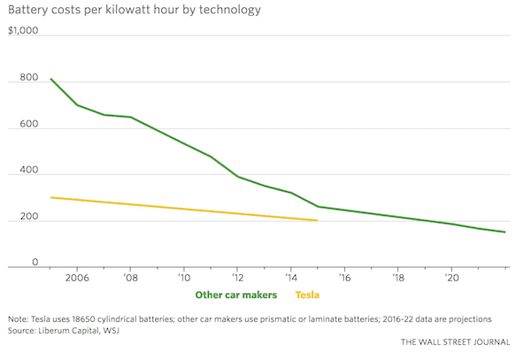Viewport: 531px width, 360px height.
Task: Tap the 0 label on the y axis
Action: coord(12,262)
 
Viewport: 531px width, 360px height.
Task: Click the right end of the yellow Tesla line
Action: coord(317,220)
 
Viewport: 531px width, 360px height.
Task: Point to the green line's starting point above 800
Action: coord(50,79)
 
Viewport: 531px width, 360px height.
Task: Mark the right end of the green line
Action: coord(504,233)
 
